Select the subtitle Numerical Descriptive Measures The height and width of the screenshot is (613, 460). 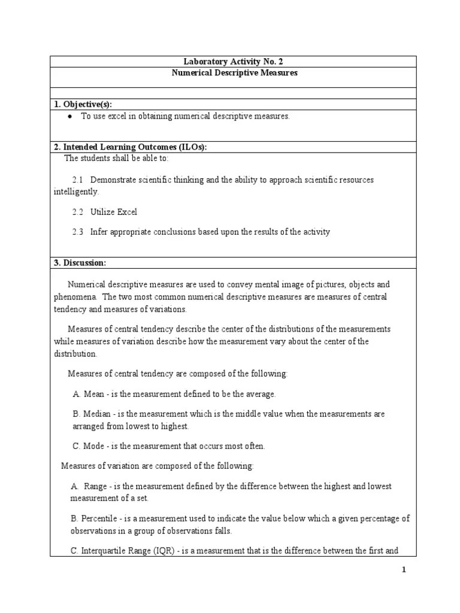click(234, 73)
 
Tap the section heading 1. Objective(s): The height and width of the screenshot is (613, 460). click(83, 104)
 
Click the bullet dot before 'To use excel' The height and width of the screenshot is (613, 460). click(71, 117)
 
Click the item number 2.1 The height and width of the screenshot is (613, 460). click(78, 180)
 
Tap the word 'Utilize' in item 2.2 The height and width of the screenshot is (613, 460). click(103, 212)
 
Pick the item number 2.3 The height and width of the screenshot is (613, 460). click(78, 232)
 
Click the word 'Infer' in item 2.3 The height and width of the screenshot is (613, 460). click(99, 232)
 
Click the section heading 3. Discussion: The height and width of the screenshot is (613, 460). click(80, 263)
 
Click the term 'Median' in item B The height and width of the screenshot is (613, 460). click(96, 414)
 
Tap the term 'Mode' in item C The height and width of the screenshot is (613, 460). click(95, 446)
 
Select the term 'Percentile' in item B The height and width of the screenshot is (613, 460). click(99, 518)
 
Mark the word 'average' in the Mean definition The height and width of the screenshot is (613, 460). click(260, 394)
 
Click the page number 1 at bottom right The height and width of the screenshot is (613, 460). click(404, 570)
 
